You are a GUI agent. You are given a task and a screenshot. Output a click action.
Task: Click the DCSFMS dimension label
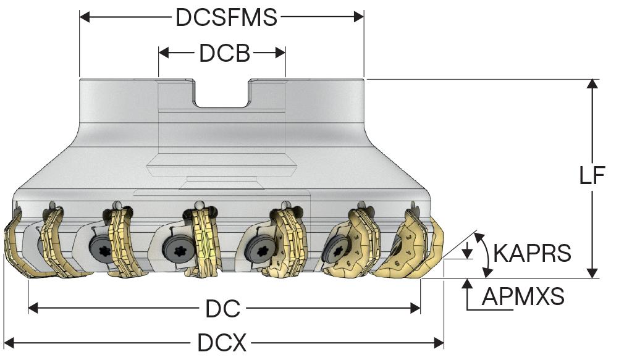click(x=226, y=17)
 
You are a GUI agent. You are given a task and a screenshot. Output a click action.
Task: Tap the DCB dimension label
click(x=224, y=54)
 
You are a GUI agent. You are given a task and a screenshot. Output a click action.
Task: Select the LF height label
click(x=592, y=176)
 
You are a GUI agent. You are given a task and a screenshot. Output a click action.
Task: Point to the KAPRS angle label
click(x=533, y=253)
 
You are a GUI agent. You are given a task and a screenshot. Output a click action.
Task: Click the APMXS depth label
click(x=523, y=297)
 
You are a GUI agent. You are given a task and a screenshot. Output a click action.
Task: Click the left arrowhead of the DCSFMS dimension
click(x=85, y=17)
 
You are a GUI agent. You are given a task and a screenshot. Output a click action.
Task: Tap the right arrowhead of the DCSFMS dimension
click(x=359, y=17)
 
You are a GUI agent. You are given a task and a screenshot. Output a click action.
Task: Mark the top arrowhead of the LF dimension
click(x=592, y=85)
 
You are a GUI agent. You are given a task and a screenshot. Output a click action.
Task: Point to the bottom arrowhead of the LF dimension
click(x=592, y=272)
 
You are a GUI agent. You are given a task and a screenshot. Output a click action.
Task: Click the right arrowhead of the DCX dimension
click(x=439, y=341)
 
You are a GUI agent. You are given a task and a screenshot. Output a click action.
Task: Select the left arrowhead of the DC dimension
click(x=33, y=308)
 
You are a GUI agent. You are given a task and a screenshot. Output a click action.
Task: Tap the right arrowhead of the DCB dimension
click(x=280, y=53)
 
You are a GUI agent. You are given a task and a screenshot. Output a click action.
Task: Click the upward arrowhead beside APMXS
click(x=468, y=285)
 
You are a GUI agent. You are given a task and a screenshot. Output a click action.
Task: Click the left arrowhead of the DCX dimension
click(x=9, y=341)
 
